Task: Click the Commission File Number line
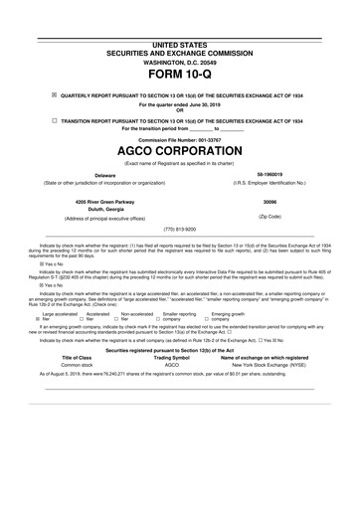tap(179, 140)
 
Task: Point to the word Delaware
tap(91, 174)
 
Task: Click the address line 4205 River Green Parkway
tap(91, 200)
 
